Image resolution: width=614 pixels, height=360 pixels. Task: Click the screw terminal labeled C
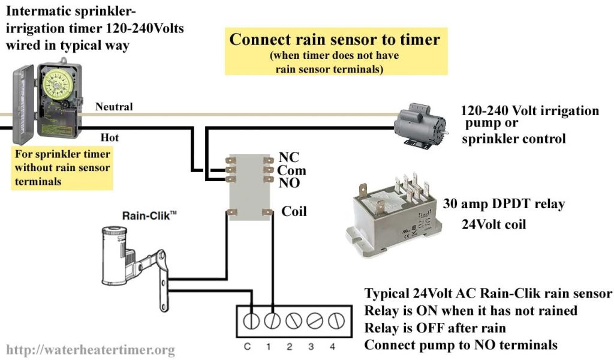pyautogui.click(x=251, y=321)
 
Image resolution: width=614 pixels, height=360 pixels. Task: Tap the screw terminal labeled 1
pyautogui.click(x=270, y=321)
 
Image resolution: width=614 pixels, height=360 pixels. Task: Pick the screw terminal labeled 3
pyautogui.click(x=311, y=321)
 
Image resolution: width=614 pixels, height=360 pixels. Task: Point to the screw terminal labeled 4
pyautogui.click(x=332, y=321)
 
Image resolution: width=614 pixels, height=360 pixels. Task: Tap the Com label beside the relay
pyautogui.click(x=292, y=171)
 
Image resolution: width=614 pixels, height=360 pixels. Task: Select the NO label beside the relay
pyautogui.click(x=290, y=183)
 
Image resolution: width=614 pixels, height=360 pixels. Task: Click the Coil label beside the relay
pyautogui.click(x=294, y=211)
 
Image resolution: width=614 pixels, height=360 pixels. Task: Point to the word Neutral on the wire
pyautogui.click(x=114, y=107)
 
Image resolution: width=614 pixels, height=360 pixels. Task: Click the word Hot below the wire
pyautogui.click(x=109, y=138)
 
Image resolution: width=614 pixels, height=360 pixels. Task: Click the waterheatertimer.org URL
pyautogui.click(x=91, y=349)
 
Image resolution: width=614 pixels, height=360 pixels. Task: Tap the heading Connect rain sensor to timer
pyautogui.click(x=335, y=40)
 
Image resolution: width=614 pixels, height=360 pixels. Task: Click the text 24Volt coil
pyautogui.click(x=493, y=224)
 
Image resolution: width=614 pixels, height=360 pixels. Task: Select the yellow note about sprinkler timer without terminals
pyautogui.click(x=62, y=167)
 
